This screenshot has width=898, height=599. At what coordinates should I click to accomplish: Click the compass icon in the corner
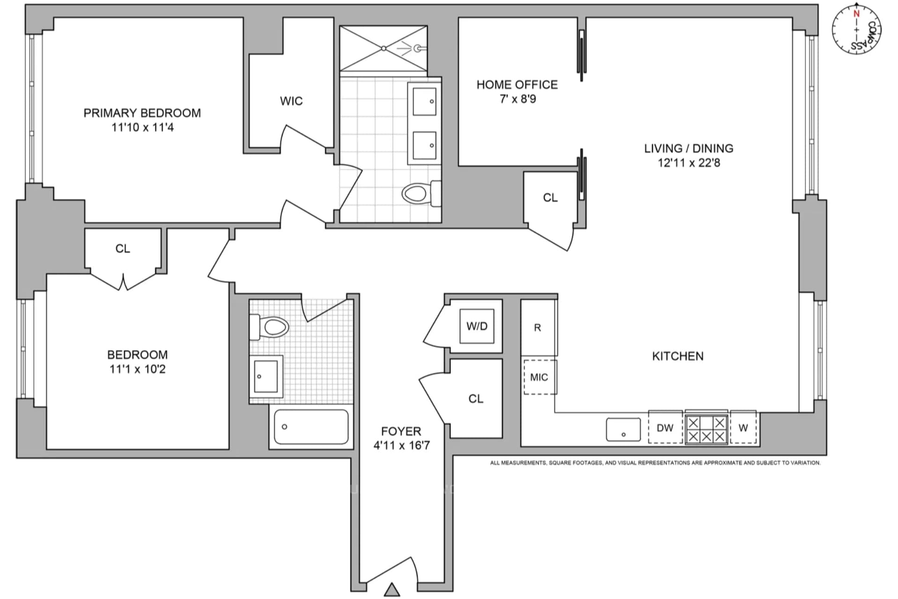(857, 29)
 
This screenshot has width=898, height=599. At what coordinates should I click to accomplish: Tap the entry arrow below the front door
(392, 590)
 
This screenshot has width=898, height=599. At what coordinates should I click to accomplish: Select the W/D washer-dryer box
(477, 326)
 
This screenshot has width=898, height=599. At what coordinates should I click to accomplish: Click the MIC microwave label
(539, 377)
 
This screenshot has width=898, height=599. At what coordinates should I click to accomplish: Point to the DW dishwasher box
(665, 427)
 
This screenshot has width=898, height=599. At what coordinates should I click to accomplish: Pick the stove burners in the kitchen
(707, 429)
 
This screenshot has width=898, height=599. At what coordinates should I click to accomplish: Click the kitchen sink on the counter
(623, 430)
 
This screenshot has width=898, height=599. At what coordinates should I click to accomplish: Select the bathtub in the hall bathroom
(311, 427)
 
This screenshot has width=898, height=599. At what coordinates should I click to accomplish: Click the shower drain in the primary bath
(384, 48)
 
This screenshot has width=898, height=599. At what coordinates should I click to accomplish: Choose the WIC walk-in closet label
(291, 101)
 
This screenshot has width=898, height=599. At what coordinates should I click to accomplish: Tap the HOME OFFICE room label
(517, 85)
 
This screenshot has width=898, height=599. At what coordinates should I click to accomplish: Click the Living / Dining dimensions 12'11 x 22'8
(689, 163)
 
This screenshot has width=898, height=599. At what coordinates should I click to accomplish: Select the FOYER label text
(401, 431)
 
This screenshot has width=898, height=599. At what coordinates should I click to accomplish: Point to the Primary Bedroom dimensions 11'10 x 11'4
(143, 127)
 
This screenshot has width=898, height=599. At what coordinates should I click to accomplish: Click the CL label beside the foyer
(476, 399)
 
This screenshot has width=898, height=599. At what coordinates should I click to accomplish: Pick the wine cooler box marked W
(743, 427)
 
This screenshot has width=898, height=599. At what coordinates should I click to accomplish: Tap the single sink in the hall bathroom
(266, 377)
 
